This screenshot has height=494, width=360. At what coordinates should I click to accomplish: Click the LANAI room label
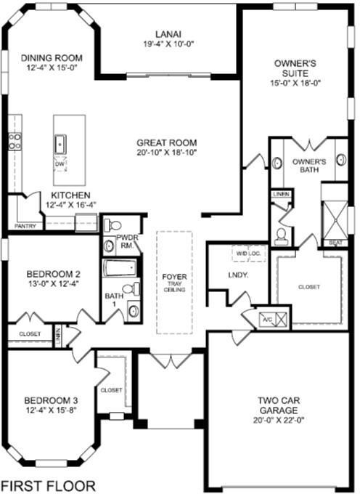pos(168,34)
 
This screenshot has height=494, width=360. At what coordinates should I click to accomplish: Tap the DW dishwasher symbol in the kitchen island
pos(60,164)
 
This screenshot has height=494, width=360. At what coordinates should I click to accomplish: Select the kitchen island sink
pos(60,145)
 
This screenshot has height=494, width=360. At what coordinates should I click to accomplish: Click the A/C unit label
pos(267,320)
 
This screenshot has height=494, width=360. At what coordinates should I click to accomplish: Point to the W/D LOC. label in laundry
pos(246,253)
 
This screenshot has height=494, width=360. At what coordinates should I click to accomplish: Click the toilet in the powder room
pos(112,225)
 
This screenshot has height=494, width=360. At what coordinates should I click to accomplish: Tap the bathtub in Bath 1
pos(120,268)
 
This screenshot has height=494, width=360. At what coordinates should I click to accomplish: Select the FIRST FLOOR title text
pos(48,485)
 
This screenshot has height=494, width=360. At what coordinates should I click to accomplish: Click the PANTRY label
pos(25,226)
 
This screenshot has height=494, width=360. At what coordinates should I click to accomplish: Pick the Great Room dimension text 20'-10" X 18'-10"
pos(166,153)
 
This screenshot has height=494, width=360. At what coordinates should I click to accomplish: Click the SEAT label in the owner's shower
pos(335,243)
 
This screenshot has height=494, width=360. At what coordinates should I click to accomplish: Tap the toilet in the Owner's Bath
pos(280,237)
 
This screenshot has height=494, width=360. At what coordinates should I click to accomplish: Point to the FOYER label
pos(174,277)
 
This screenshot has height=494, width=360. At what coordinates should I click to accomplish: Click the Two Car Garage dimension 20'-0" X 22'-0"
pos(279,421)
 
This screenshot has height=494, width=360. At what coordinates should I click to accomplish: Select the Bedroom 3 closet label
pos(111,390)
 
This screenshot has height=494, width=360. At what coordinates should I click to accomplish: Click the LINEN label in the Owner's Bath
pos(281,194)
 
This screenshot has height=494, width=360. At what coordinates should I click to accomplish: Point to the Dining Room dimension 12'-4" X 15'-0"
pos(52,68)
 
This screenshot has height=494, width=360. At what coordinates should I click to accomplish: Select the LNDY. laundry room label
pos(238,275)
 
